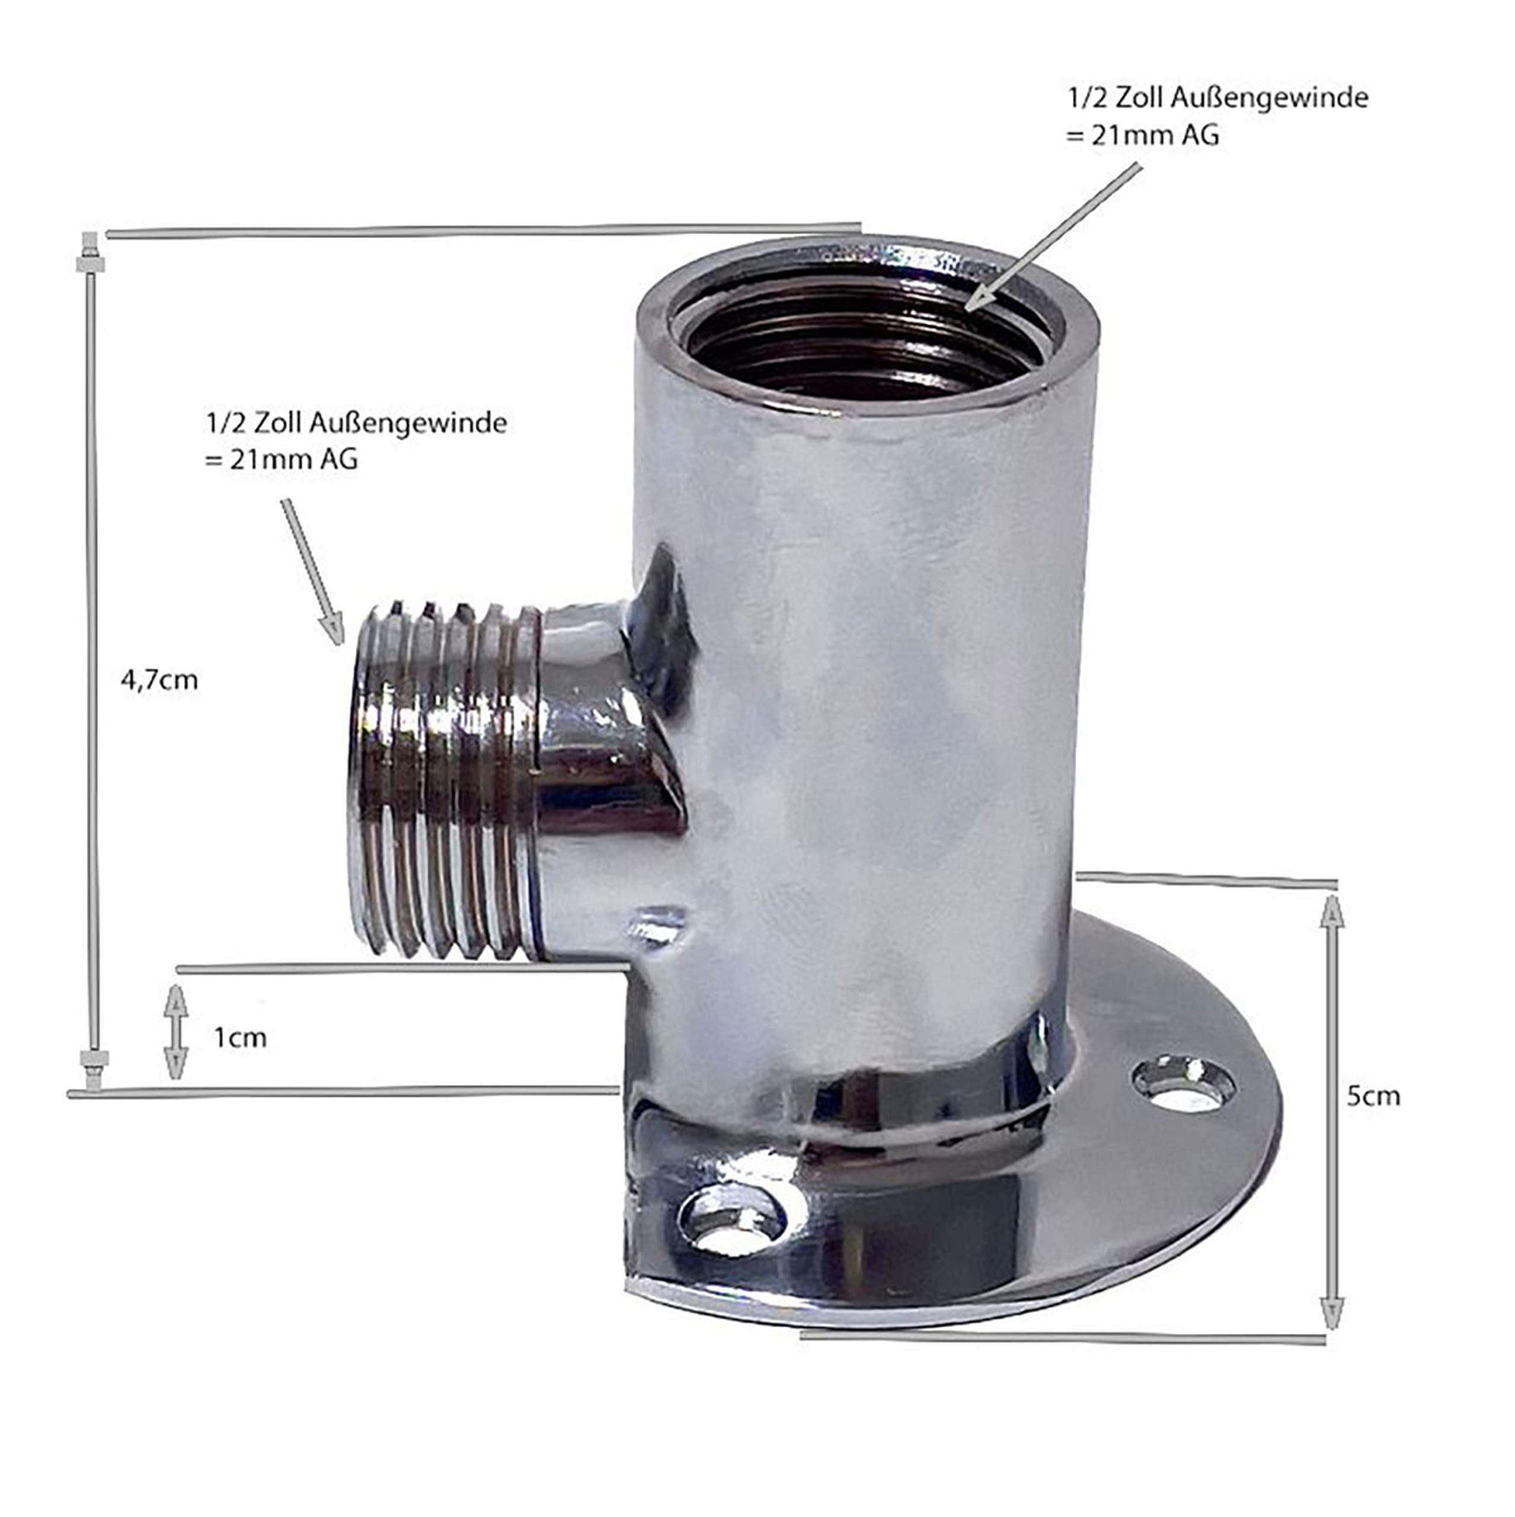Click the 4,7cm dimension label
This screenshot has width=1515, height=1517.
(159, 679)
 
